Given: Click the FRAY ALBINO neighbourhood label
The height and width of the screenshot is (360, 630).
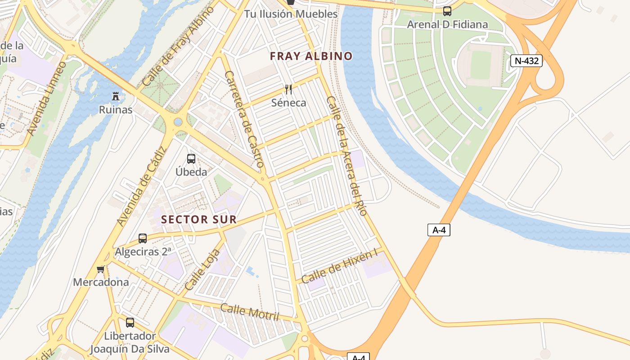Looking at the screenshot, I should (x=311, y=56).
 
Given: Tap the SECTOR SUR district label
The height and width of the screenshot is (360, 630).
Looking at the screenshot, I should (x=199, y=219).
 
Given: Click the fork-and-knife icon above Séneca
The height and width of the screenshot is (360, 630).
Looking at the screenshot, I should (x=288, y=89).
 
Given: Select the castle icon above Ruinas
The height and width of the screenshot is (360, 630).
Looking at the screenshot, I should (x=116, y=96).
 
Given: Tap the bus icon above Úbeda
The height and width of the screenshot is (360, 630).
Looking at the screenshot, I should (x=191, y=158).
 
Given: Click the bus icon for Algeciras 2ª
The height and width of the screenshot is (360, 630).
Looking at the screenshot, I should (x=143, y=238).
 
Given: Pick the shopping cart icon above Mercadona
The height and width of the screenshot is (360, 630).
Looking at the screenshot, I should (x=100, y=269).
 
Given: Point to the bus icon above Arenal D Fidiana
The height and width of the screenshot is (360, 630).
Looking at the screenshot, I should (x=447, y=11).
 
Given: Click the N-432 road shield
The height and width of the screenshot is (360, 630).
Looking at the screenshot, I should (x=526, y=61).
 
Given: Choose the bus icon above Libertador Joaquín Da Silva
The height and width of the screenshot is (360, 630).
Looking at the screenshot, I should (x=130, y=322).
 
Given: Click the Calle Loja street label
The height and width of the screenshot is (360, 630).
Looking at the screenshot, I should (x=203, y=269).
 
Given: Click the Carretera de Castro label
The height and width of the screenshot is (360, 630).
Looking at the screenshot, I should (x=243, y=119).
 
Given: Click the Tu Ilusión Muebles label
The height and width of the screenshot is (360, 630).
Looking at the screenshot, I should (x=291, y=14).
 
